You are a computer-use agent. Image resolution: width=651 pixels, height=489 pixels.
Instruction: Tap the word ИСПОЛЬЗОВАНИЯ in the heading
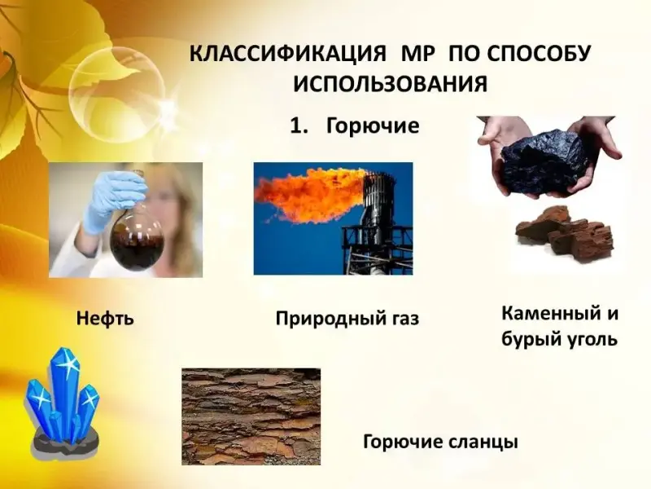(391, 85)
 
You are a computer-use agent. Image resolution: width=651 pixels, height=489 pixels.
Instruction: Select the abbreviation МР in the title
(417, 55)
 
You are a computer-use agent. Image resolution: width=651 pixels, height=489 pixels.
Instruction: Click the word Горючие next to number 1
(373, 126)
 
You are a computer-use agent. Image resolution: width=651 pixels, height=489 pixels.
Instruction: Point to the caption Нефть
(105, 319)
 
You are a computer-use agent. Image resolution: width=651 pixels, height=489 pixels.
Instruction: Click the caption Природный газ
(347, 319)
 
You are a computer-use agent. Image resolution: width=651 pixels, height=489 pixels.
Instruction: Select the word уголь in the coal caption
(592, 340)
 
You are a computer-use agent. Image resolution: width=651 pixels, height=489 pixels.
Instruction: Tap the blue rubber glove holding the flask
(113, 200)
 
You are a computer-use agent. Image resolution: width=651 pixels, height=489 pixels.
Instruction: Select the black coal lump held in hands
(544, 163)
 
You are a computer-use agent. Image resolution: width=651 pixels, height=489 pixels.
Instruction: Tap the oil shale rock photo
(251, 416)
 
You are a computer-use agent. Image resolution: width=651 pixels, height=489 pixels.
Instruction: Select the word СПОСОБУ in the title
(539, 55)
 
